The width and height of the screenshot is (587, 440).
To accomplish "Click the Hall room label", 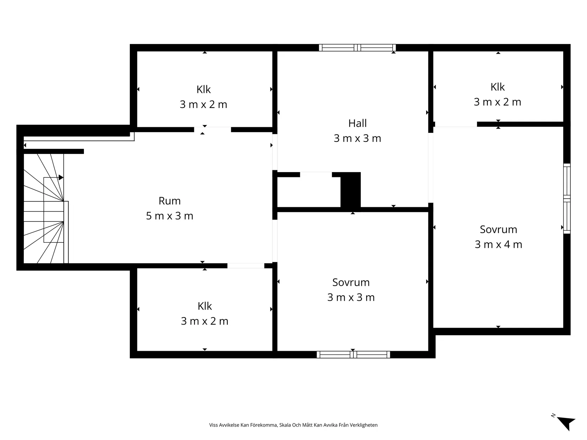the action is [x=357, y=123].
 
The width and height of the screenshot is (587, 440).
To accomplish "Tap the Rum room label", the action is [x=170, y=201].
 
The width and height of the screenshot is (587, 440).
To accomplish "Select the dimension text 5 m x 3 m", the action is [x=170, y=216].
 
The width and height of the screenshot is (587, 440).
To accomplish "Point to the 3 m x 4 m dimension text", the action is [x=498, y=244].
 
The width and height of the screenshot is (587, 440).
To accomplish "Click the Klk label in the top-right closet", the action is [x=497, y=87].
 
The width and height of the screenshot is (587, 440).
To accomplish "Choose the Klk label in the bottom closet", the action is [x=205, y=306].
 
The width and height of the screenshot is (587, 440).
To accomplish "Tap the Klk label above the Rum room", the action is [x=203, y=89].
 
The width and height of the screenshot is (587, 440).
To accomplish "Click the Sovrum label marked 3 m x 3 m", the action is [x=351, y=282].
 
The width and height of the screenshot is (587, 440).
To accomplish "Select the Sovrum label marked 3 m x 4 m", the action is [x=498, y=229].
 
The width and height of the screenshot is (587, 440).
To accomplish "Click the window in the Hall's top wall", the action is [x=357, y=48].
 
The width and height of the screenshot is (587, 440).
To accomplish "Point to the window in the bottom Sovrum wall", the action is [x=353, y=354].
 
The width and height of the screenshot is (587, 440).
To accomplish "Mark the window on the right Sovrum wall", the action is [x=567, y=198].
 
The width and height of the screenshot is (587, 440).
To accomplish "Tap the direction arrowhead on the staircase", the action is [x=61, y=177].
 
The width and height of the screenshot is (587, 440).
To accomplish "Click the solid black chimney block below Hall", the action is [x=350, y=190].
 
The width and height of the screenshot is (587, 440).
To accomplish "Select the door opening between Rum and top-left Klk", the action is [x=212, y=130].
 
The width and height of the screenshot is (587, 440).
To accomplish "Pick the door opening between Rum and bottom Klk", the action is [x=246, y=265].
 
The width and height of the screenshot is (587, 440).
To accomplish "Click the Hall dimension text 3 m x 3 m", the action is [x=357, y=138].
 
